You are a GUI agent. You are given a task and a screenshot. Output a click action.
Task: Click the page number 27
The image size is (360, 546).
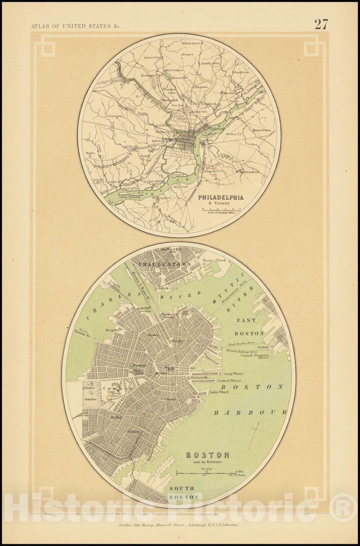point(321,25)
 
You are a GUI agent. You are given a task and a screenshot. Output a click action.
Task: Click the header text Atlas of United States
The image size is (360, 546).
point(75,26)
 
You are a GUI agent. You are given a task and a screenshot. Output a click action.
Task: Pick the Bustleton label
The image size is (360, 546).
point(242,72)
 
